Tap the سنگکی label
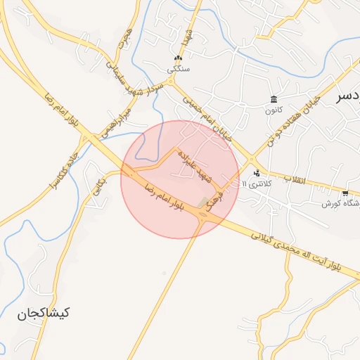click(178, 70)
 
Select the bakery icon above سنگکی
click(179, 58)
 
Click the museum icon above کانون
click(273, 98)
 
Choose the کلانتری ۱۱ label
click(255, 184)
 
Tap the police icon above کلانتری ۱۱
click(256, 172)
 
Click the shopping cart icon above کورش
click(345, 193)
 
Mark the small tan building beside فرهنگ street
click(204, 203)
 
